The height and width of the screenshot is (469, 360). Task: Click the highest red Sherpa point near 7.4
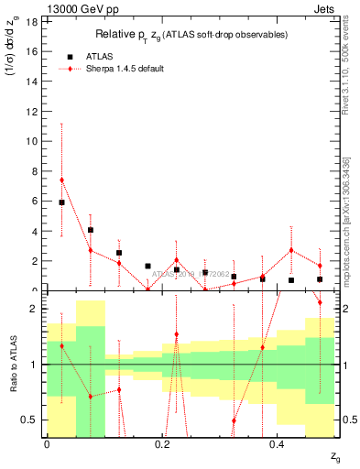[x=61, y=180]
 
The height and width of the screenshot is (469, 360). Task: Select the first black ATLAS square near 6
[x=61, y=202]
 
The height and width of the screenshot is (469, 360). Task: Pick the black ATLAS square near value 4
[x=91, y=230]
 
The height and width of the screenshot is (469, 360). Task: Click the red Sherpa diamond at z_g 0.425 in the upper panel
[x=291, y=250]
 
